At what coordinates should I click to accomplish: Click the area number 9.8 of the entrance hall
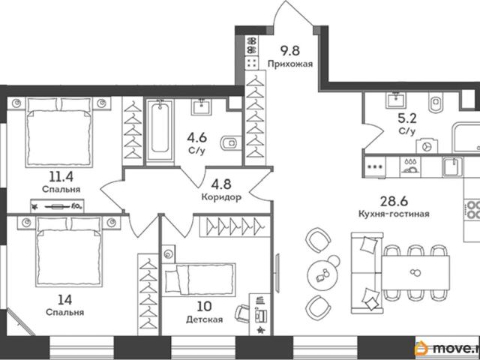tap(290, 50)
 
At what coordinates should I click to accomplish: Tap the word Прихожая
tap(290, 64)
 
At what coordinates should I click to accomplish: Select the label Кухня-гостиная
tap(394, 213)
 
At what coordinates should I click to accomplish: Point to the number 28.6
tap(394, 201)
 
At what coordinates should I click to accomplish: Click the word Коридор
tap(221, 197)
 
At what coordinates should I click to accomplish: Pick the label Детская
tap(205, 319)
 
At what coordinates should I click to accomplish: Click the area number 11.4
tap(61, 176)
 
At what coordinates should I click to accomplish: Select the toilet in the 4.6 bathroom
tap(230, 142)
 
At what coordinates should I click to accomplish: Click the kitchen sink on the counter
tap(452, 166)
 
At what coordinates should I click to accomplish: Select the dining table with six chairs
tap(415, 273)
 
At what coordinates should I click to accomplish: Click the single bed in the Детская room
tap(199, 280)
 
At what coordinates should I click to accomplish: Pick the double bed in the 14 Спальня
tap(69, 252)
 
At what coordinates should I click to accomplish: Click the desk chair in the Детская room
tap(242, 313)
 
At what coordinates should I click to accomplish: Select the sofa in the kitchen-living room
tap(367, 273)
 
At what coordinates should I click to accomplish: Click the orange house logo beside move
tap(421, 348)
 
